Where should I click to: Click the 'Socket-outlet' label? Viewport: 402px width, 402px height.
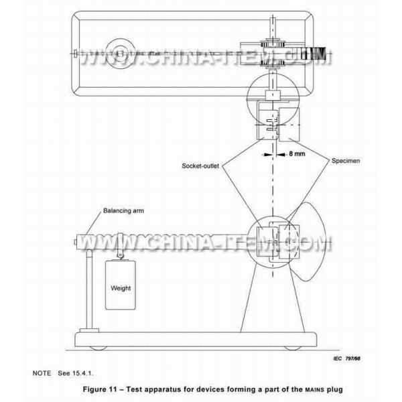200,166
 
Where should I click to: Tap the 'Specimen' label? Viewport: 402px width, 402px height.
346,161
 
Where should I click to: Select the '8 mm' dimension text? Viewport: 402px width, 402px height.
297,153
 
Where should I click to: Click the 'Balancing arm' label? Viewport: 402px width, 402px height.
123,211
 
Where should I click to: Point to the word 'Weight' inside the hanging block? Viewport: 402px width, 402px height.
121,288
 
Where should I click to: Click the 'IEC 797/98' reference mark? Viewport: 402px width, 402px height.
346,358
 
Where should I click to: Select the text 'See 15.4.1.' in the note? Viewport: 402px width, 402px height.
76,373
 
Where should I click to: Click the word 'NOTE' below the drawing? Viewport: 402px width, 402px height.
42,373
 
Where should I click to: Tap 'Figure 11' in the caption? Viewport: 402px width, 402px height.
98,389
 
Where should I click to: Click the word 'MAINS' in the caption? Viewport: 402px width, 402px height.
315,390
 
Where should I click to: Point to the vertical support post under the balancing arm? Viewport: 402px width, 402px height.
89,289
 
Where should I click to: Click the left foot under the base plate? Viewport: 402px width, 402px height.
98,348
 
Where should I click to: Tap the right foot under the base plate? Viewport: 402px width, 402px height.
292,348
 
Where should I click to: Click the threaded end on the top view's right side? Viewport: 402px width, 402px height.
316,54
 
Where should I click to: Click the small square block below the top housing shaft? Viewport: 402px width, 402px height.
273,95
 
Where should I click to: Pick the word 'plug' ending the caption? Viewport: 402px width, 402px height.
334,390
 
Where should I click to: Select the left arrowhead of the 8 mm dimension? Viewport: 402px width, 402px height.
267,154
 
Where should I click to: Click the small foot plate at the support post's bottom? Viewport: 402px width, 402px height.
89,330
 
